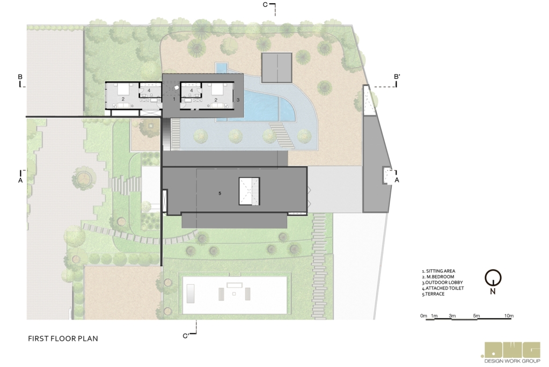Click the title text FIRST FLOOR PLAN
click(x=63, y=338)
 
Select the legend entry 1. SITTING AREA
click(x=438, y=271)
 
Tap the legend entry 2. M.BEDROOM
click(x=438, y=277)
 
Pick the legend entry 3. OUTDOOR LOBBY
click(x=442, y=282)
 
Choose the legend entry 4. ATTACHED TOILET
click(x=443, y=288)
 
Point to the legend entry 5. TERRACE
click(x=433, y=294)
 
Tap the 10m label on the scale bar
click(x=509, y=315)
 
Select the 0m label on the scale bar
click(x=423, y=315)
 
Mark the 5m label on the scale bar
click(x=476, y=315)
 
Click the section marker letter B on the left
click(x=20, y=77)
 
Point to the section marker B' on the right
click(x=397, y=76)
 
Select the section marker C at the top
click(x=265, y=4)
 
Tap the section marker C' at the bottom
click(x=186, y=336)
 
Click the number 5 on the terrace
click(x=220, y=193)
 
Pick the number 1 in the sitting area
click(x=174, y=99)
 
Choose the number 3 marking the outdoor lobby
click(x=238, y=100)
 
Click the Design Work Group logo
click(x=512, y=353)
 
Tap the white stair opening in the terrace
click(x=250, y=191)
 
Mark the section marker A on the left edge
click(x=20, y=180)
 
